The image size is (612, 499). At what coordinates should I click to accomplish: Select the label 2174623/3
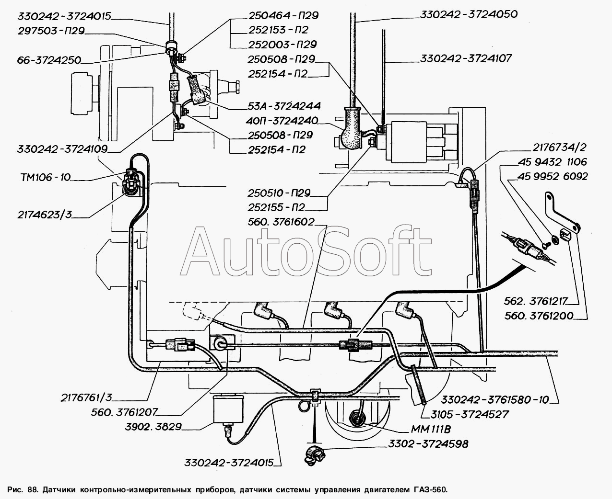click(x=41, y=215)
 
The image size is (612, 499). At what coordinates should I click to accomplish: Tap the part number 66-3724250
click(x=42, y=60)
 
